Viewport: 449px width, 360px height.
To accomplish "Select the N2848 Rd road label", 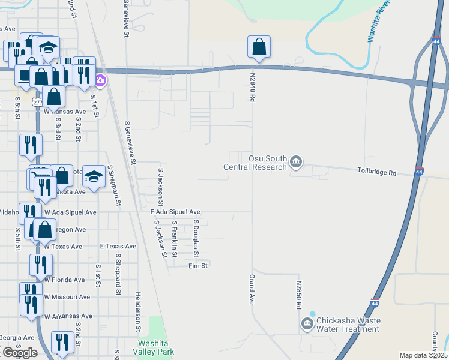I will pos(252,83).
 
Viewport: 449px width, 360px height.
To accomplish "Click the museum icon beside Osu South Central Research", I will pos(295,161).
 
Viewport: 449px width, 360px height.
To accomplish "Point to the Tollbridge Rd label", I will pos(376,173).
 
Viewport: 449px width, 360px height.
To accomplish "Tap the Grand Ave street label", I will pos(252,289).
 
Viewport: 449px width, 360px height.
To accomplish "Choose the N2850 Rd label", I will pos(298,294).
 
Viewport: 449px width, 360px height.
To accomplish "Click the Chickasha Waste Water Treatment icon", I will pos(307,324).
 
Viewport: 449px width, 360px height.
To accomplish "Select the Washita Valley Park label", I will pos(155,347).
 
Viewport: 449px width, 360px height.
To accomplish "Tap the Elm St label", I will pos(197,265).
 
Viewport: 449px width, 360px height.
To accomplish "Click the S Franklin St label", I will pos(175,239).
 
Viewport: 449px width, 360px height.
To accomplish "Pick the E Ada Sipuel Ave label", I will pos(175,212).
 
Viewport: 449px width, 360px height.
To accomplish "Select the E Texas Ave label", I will pos(118,246).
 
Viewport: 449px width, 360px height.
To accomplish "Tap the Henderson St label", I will pos(137,312).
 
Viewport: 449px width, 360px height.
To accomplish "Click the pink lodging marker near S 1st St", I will pos(100,81).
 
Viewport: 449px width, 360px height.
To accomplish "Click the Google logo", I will pos(19,353).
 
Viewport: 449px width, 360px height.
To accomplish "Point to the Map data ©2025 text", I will pos(423,355).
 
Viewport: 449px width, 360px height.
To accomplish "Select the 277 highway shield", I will pos(38,103).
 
